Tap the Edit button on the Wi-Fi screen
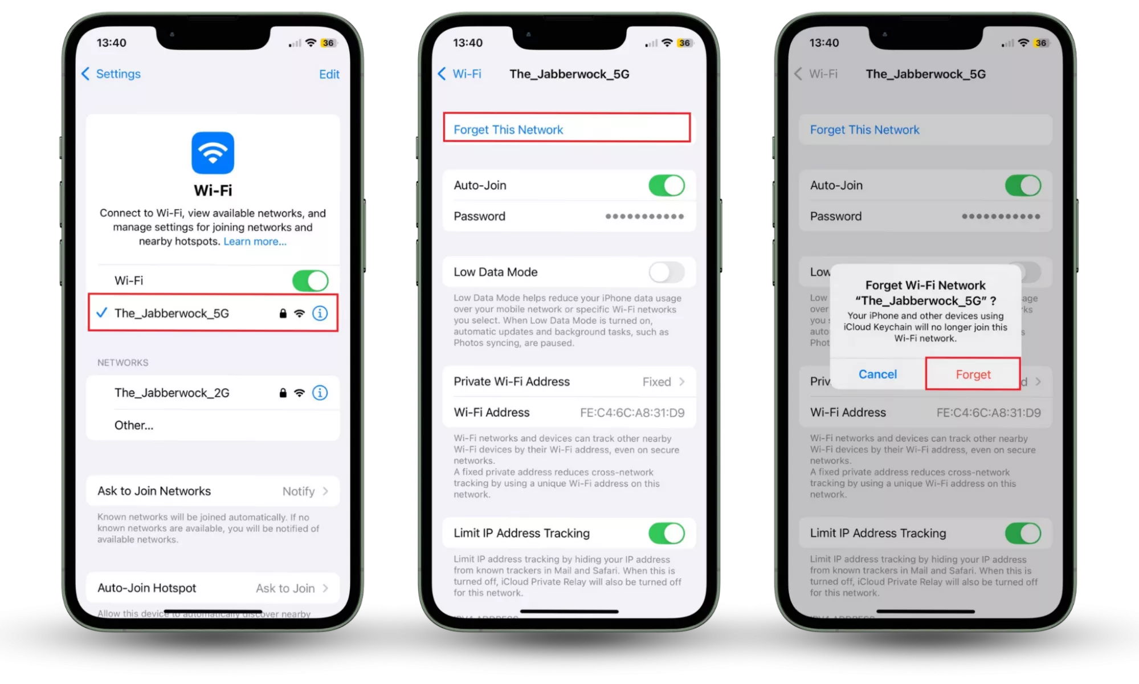point(329,74)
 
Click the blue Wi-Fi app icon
point(213,153)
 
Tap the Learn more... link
point(255,242)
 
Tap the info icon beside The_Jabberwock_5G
point(320,313)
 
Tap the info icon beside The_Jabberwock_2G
point(320,393)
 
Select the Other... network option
point(134,425)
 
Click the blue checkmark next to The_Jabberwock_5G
point(102,312)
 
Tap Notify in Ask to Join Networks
point(299,491)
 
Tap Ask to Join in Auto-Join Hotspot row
point(285,588)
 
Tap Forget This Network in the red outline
point(508,130)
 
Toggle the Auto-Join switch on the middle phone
point(666,186)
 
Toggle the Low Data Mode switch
point(666,272)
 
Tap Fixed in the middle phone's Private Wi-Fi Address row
point(657,382)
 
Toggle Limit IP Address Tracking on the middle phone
point(666,534)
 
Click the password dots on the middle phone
point(644,217)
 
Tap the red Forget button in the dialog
point(973,374)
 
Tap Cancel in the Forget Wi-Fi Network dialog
point(877,374)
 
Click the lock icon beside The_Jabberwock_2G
point(283,393)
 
